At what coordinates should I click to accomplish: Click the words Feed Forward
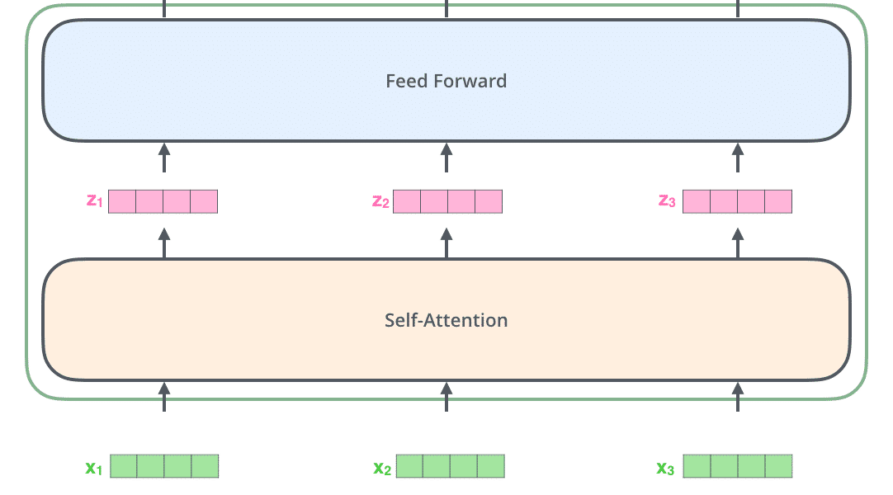coord(446,82)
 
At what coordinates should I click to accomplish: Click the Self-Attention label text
coord(446,320)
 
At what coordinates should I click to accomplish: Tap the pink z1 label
coord(95,200)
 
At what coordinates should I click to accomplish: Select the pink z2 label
coord(380,201)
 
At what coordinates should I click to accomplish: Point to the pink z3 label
coord(667,200)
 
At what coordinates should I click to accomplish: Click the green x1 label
coord(94,469)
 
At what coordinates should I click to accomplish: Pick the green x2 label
coord(382,469)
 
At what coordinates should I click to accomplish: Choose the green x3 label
coord(665,469)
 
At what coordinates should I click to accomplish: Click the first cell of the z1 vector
coord(122,201)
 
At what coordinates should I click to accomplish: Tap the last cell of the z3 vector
coord(778,201)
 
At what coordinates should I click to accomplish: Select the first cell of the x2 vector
coord(409,466)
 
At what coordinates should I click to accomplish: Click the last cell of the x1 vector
coord(205,466)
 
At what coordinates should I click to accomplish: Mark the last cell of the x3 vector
coord(778,466)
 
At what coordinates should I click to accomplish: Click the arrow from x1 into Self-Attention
coord(164,397)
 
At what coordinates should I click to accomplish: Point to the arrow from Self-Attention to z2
coord(446,243)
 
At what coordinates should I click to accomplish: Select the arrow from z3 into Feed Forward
coord(738,158)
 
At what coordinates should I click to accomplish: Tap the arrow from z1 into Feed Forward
coord(164,158)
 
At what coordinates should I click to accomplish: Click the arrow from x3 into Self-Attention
coord(738,397)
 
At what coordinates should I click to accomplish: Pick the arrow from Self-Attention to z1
coord(164,243)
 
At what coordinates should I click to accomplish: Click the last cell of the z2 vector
coord(489,201)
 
